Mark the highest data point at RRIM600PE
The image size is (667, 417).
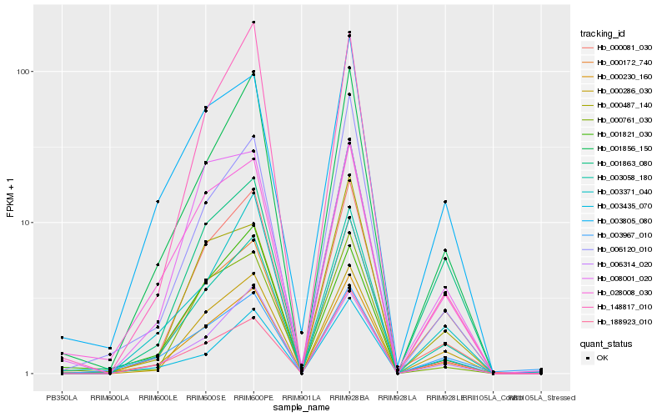coord(253,22)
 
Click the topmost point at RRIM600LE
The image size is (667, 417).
coord(158,202)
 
